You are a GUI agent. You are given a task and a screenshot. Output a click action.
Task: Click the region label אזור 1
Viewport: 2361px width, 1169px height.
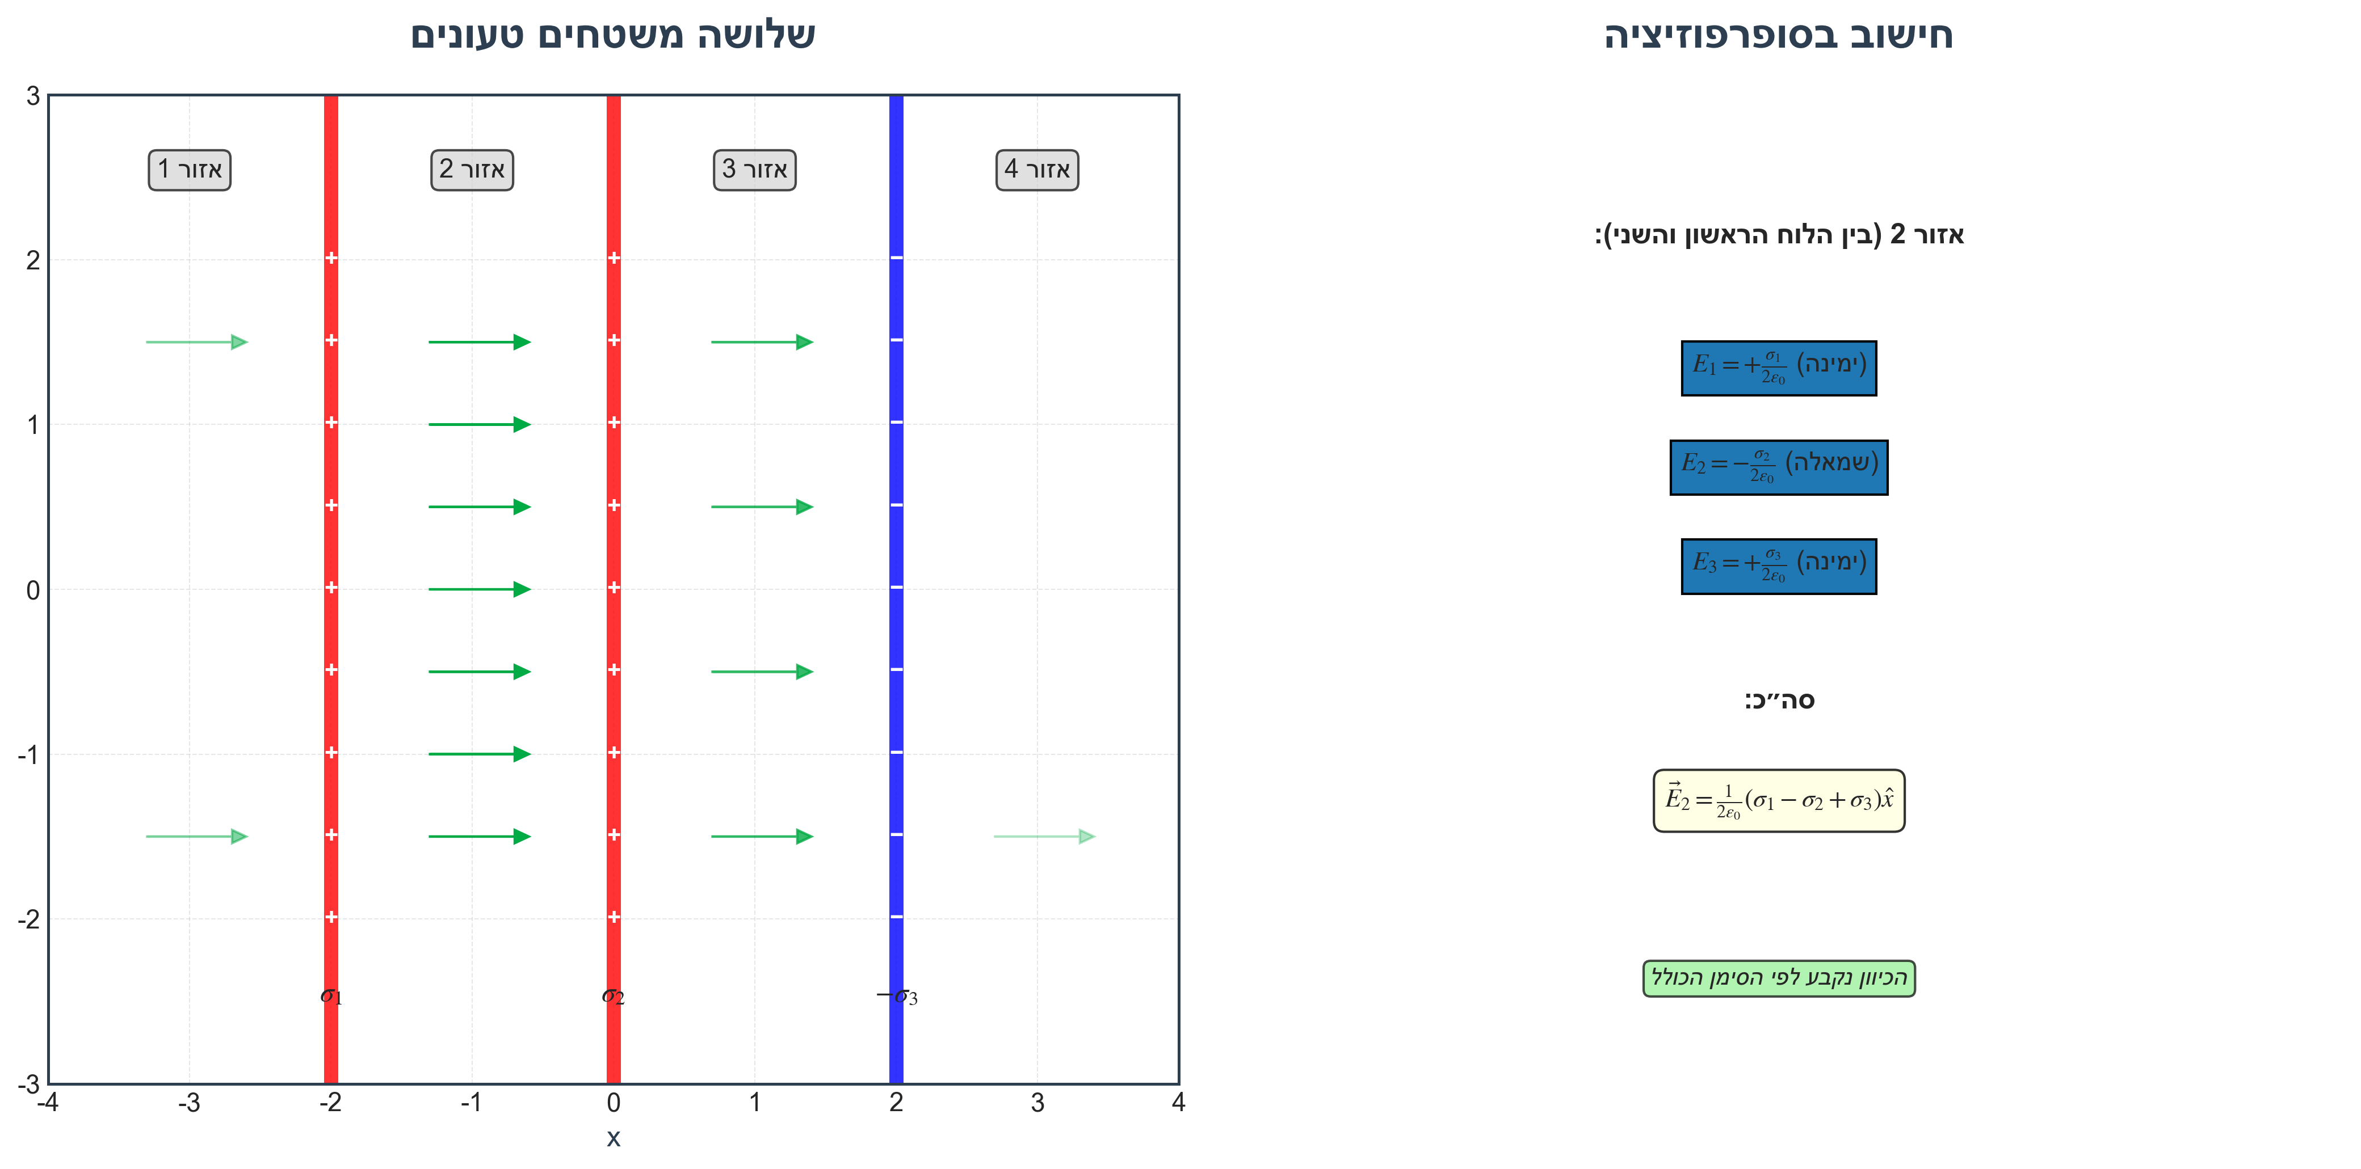(x=190, y=170)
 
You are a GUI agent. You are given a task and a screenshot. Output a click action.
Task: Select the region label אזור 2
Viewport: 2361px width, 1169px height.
(x=472, y=170)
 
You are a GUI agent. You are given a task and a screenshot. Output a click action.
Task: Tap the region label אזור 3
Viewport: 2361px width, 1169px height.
(x=754, y=170)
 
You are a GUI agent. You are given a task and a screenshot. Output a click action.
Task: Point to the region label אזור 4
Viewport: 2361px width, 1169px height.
(x=1036, y=170)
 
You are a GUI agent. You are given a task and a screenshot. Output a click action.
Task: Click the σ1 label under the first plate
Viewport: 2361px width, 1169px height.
(x=331, y=996)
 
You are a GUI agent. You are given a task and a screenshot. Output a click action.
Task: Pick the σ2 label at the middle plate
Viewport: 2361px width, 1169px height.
(x=613, y=996)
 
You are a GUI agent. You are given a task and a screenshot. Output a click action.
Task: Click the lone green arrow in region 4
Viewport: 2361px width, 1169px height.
(x=1044, y=837)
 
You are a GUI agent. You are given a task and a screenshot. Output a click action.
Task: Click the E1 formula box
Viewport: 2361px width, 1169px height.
(x=1778, y=368)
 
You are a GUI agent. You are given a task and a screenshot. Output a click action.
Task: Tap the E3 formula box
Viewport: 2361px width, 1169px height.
(x=1778, y=566)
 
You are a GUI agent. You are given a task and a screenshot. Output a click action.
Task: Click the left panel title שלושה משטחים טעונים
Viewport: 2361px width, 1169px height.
(x=612, y=35)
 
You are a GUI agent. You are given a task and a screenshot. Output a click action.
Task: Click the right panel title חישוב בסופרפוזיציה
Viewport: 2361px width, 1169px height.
(x=1778, y=35)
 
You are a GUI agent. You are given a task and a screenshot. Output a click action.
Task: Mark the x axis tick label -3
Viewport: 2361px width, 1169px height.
(x=189, y=1103)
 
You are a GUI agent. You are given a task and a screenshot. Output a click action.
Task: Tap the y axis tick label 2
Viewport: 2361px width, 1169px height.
(x=33, y=260)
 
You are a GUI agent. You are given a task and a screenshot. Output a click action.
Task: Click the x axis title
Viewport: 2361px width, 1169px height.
(x=613, y=1138)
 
